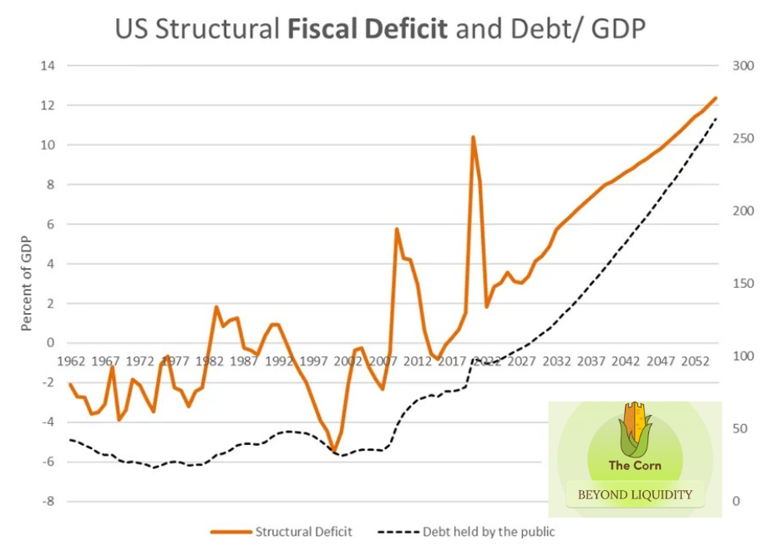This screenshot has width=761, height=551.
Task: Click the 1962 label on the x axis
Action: pos(70,361)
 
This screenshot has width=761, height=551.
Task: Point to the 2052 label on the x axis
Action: pos(694,361)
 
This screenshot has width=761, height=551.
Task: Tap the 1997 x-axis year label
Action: pos(313,361)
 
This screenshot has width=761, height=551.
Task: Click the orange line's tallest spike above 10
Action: pos(473,137)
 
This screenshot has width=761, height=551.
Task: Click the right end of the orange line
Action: pos(716,98)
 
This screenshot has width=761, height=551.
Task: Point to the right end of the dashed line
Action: pos(716,119)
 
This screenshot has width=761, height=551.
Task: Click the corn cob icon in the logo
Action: pos(635,427)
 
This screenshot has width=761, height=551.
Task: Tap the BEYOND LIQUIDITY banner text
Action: pos(635,494)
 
